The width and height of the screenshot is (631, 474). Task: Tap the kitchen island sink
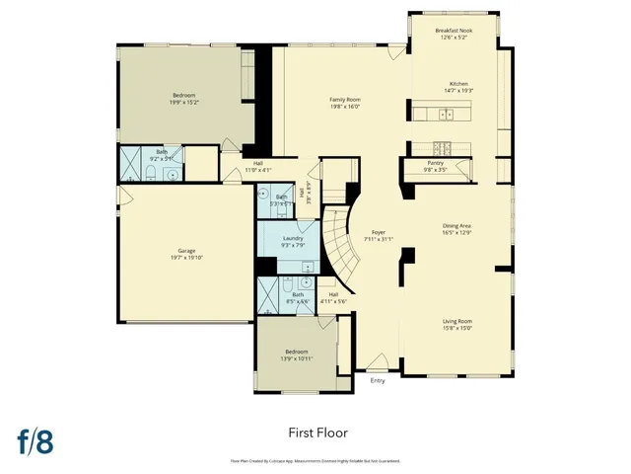(446, 115)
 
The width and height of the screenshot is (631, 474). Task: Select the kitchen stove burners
(445, 149)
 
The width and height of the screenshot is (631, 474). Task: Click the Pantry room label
(435, 163)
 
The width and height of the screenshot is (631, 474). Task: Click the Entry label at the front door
(378, 380)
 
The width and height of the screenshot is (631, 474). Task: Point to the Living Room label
(457, 320)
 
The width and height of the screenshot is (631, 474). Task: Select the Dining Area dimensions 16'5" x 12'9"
(457, 233)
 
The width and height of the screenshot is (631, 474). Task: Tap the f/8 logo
(35, 440)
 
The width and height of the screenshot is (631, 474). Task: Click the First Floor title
(318, 433)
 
